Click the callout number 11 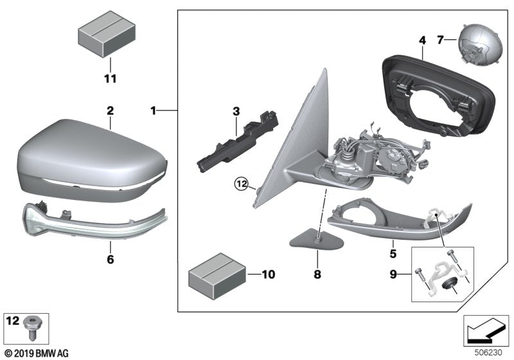[110, 79]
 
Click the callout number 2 [110, 111]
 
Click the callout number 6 [110, 260]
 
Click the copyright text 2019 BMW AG [36, 353]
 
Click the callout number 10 [268, 275]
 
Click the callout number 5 [393, 245]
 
